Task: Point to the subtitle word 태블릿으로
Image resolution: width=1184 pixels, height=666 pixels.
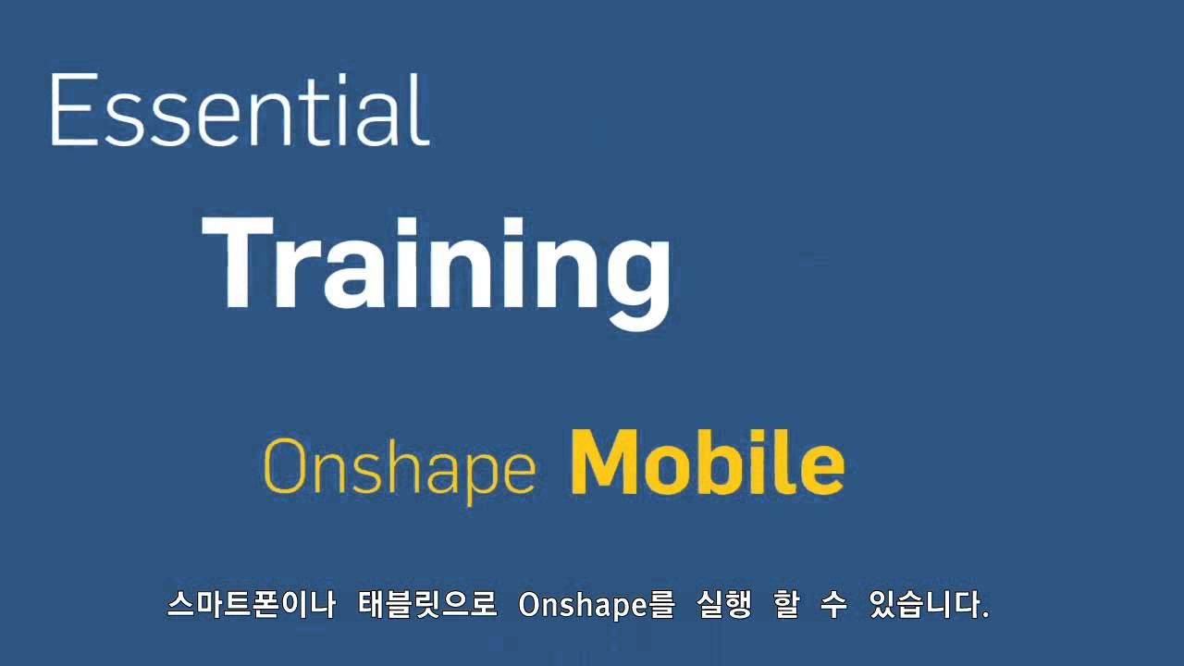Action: click(x=427, y=605)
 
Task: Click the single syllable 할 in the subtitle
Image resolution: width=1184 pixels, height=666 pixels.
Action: click(x=786, y=605)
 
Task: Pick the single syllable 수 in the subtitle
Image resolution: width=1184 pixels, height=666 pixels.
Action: click(x=834, y=605)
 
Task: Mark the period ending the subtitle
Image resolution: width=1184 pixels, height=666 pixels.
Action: click(x=985, y=614)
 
